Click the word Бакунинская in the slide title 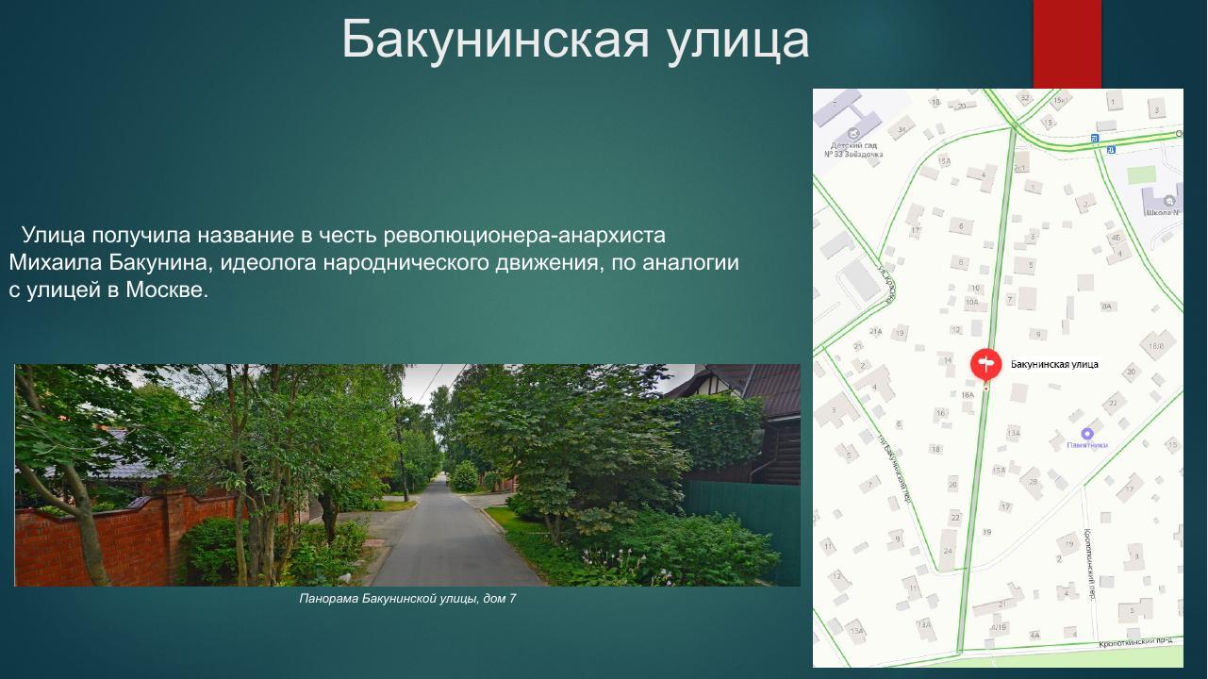tap(495, 40)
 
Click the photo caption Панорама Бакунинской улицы tap(407, 599)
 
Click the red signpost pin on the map tap(985, 363)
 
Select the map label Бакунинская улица tap(1054, 364)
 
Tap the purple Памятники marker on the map tap(1086, 434)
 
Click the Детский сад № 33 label tap(853, 149)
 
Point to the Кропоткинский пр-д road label tap(1139, 642)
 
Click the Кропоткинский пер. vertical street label tap(1088, 565)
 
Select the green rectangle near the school tap(1141, 174)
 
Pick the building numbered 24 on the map tap(947, 551)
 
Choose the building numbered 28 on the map tap(1033, 482)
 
